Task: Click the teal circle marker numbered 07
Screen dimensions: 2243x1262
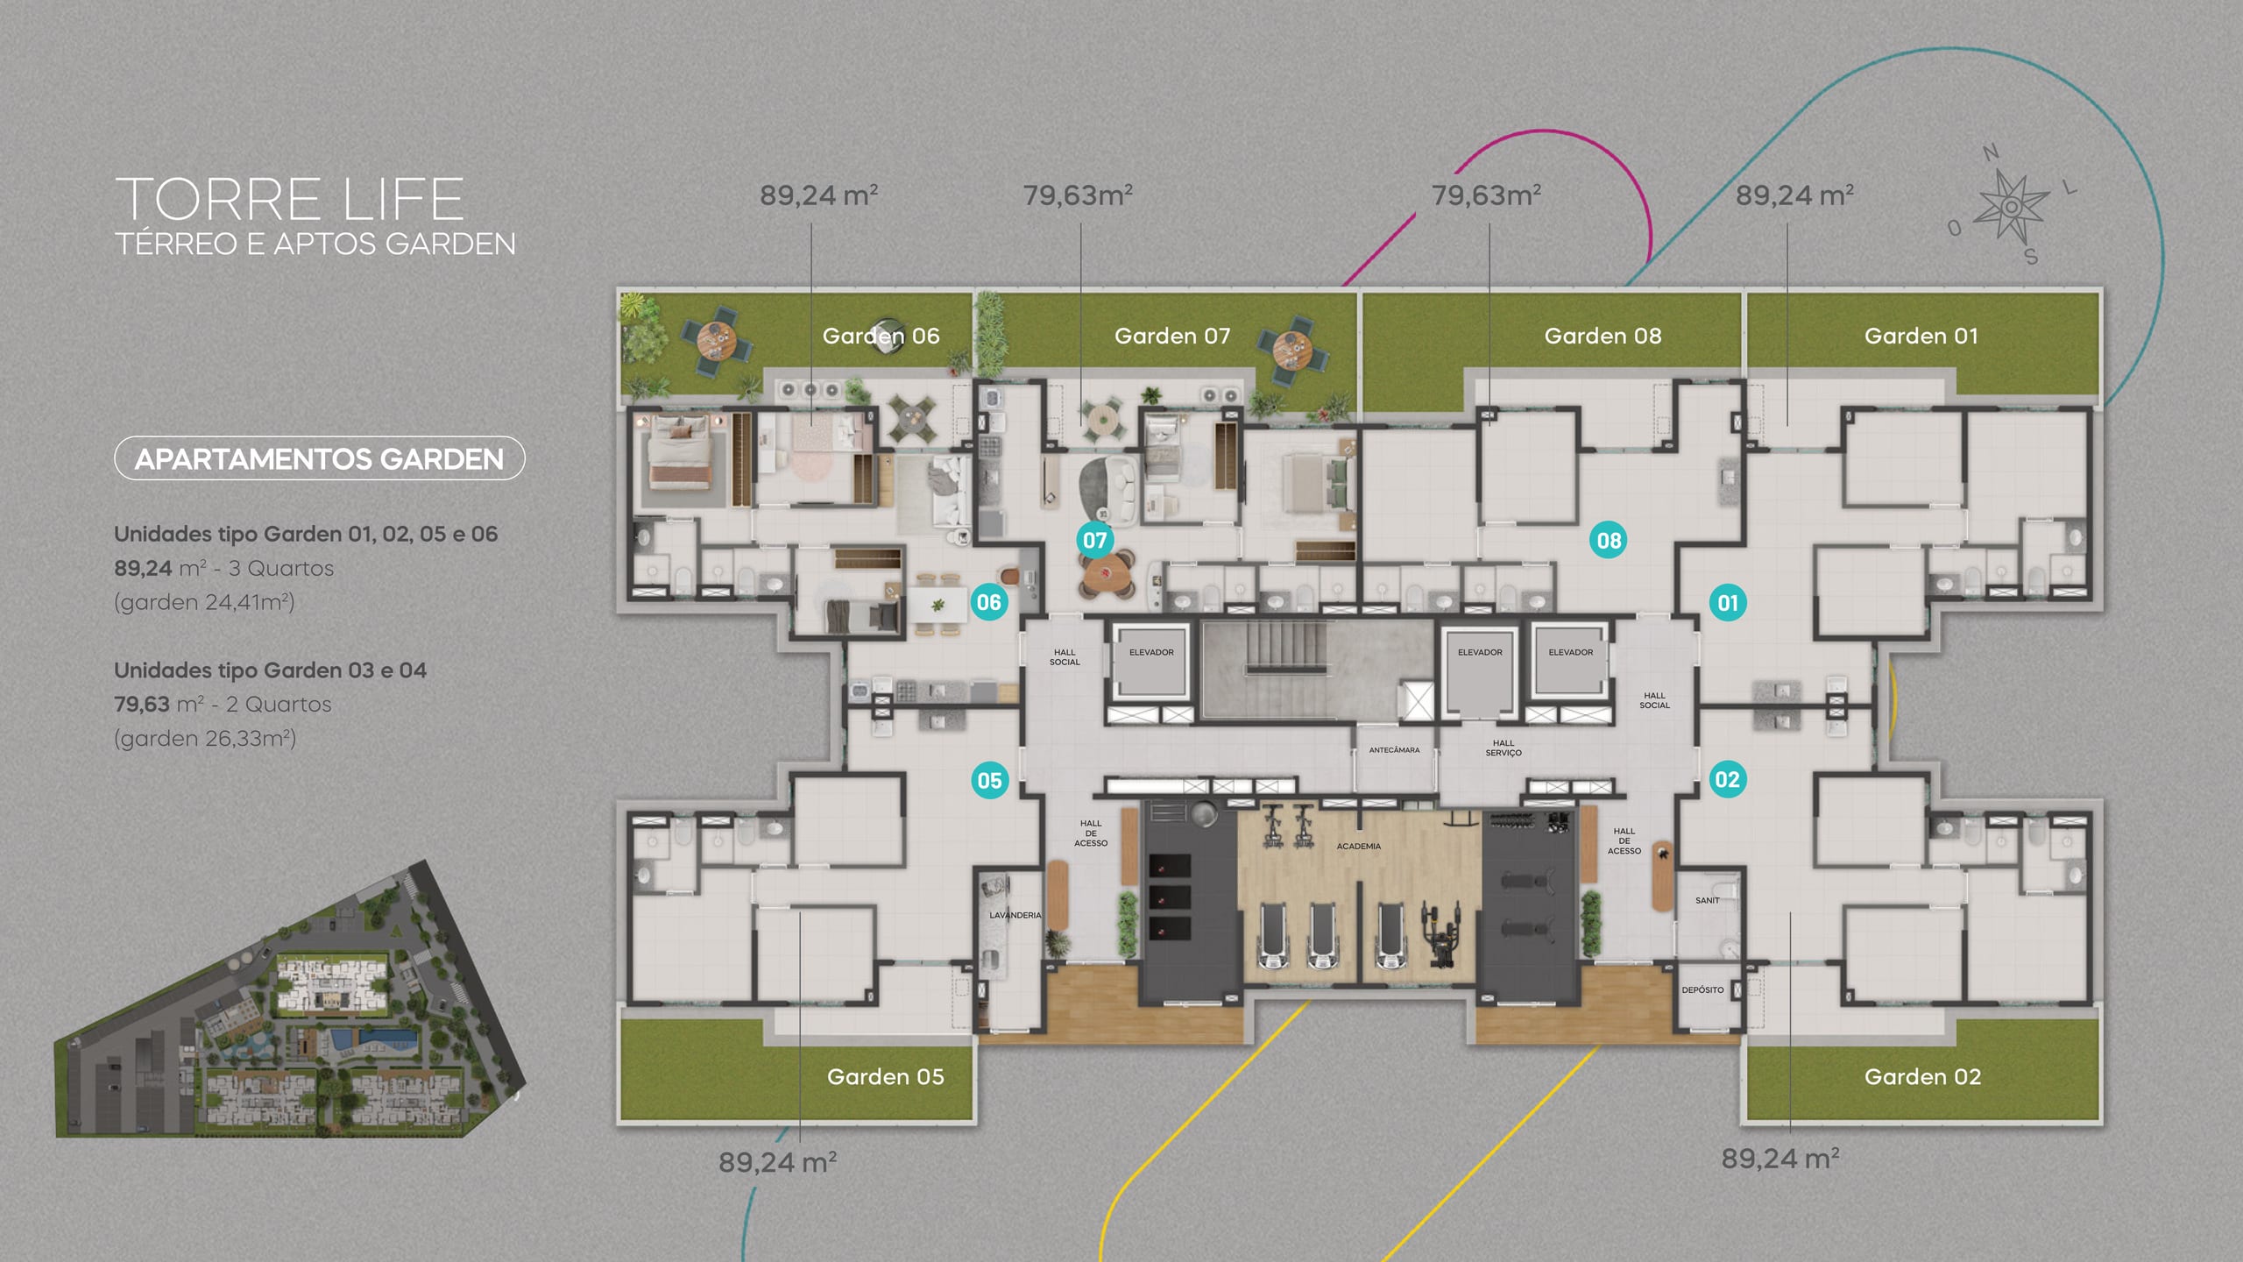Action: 1094,540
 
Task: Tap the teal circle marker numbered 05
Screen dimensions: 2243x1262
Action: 989,780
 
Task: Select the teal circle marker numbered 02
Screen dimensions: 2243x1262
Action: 1727,779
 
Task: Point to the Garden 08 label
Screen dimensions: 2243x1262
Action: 1603,336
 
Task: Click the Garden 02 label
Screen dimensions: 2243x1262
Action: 1922,1076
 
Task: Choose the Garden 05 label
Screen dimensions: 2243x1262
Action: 886,1076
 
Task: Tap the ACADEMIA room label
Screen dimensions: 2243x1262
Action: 1358,847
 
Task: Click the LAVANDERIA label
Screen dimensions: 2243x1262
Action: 1015,915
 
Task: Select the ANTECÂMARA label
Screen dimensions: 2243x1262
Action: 1394,750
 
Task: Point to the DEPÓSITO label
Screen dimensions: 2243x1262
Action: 1702,990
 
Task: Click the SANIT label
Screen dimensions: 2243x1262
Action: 1707,900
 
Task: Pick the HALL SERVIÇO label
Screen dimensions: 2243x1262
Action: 1504,748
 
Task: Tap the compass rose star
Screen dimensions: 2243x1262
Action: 2012,207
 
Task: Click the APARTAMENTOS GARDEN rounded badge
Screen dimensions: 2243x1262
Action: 320,458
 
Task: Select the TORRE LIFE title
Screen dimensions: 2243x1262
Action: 289,199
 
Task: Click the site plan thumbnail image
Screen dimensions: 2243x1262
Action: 289,999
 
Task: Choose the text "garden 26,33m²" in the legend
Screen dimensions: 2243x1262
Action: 205,739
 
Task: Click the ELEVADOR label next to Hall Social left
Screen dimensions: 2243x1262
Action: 1151,652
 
